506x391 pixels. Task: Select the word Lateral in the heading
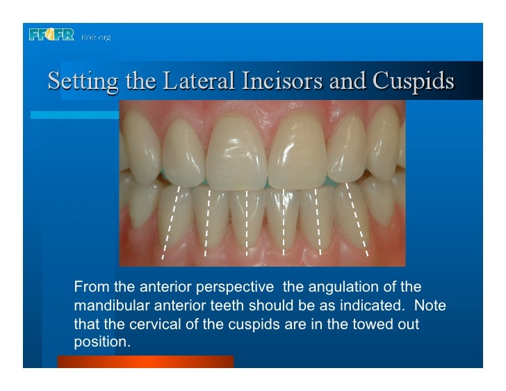pos(189,83)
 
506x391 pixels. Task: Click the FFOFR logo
pos(51,35)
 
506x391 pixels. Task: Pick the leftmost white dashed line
pos(171,222)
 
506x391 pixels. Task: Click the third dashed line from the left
pos(247,222)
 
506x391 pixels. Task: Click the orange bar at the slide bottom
pos(145,362)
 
